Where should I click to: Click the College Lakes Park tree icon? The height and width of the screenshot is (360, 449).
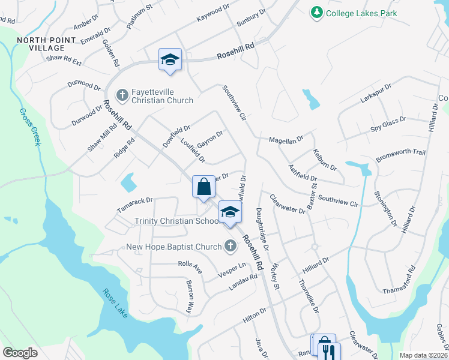pos(316,11)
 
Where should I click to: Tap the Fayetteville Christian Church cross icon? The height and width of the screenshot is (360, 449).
pos(122,94)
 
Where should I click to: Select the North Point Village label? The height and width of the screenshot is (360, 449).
pos(47,44)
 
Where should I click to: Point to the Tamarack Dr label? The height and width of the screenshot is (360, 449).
pos(136,203)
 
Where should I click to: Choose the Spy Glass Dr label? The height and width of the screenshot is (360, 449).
pos(388,123)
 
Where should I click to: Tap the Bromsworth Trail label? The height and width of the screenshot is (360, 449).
pos(400,155)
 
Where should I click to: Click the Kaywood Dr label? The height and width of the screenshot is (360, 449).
pos(212,16)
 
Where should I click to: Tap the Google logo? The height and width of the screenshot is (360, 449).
pos(20,353)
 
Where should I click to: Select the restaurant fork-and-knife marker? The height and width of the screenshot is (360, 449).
pos(327,351)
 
